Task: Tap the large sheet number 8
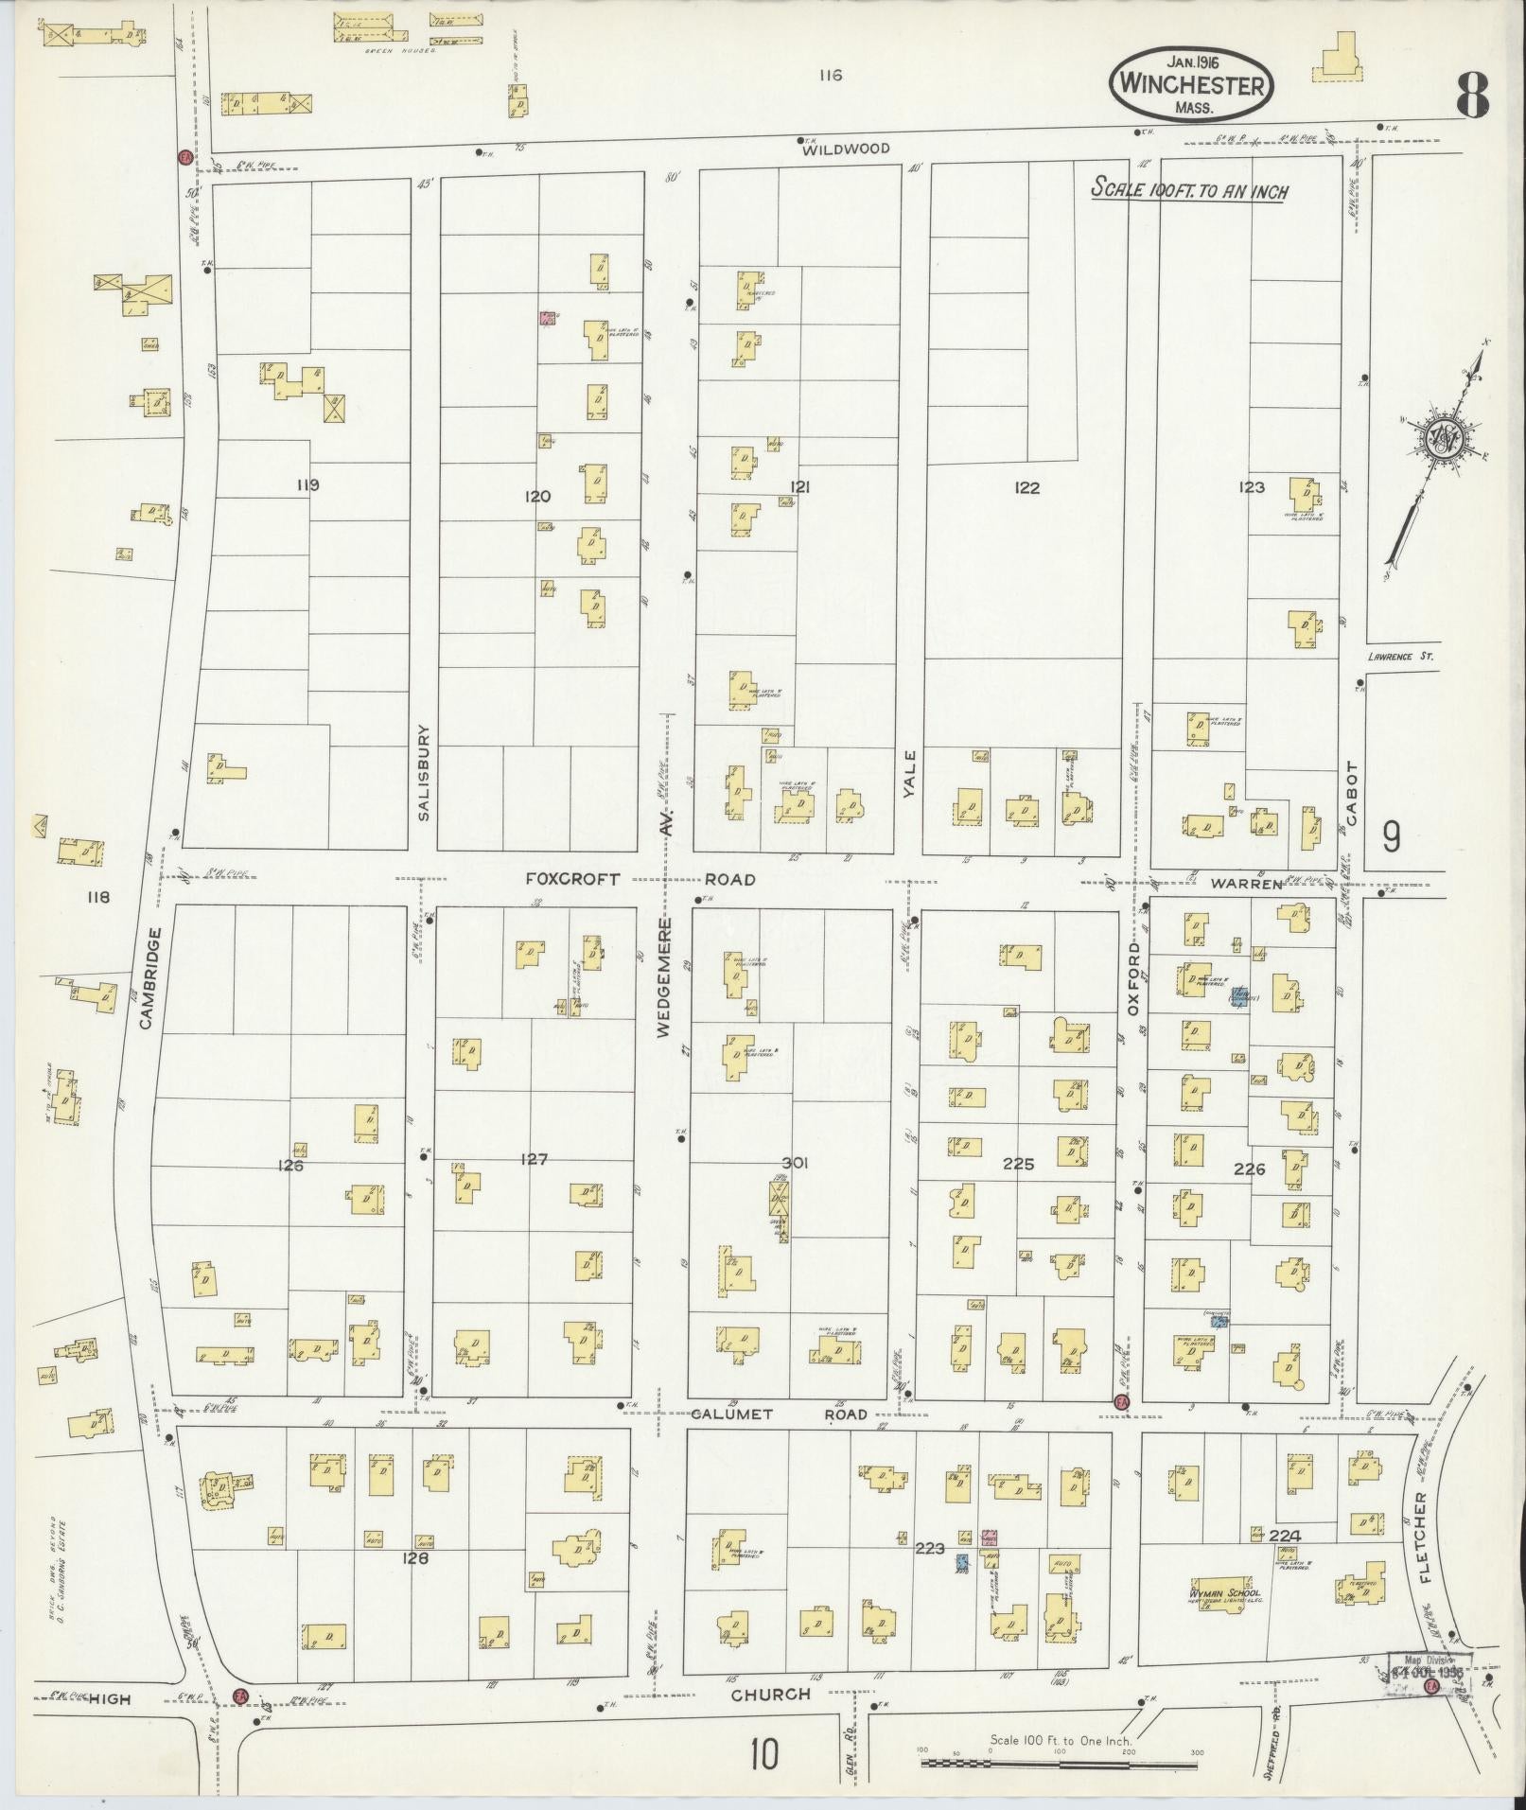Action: click(x=1472, y=95)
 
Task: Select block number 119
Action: click(x=307, y=485)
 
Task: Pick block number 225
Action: click(x=1018, y=1164)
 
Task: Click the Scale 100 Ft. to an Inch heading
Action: click(x=1189, y=188)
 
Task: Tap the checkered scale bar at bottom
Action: click(x=1060, y=1762)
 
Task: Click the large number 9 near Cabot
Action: click(x=1391, y=836)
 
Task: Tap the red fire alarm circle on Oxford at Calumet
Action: click(x=1122, y=1401)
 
